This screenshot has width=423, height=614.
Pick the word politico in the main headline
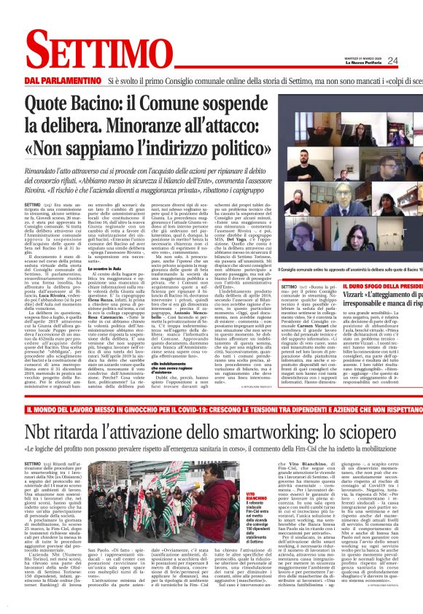pyautogui.click(x=229, y=144)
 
